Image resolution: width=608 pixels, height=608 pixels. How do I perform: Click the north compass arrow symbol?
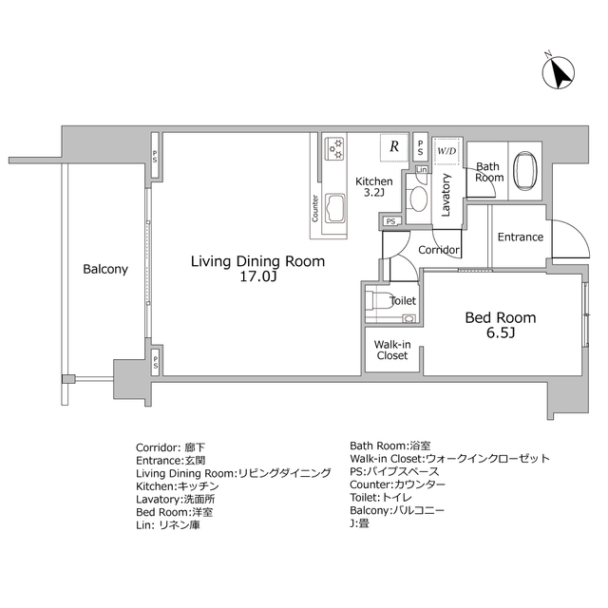(559, 72)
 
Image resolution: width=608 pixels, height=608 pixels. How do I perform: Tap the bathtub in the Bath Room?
(525, 170)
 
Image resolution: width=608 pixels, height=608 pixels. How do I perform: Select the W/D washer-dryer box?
(447, 151)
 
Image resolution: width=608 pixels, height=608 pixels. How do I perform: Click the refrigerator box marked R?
(394, 147)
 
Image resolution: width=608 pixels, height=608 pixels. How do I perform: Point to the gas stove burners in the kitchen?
(335, 148)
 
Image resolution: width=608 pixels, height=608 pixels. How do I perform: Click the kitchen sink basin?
(335, 209)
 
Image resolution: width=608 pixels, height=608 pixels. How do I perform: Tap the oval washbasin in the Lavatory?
(418, 199)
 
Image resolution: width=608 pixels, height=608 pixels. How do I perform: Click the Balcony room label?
(105, 269)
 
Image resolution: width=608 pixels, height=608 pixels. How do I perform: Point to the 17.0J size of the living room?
(257, 276)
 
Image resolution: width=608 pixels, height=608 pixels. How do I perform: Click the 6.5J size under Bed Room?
(501, 332)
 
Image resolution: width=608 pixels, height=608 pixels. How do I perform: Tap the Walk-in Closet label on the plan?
(392, 351)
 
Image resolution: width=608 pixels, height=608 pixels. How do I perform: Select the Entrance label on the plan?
(521, 237)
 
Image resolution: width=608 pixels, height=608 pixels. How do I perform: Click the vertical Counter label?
(314, 208)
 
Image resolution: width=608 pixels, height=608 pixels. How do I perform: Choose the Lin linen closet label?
(422, 169)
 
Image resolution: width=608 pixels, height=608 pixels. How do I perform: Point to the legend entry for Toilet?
(381, 498)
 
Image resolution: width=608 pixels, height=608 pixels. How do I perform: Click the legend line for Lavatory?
(175, 499)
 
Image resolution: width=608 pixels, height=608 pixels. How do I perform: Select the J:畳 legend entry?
(359, 523)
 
